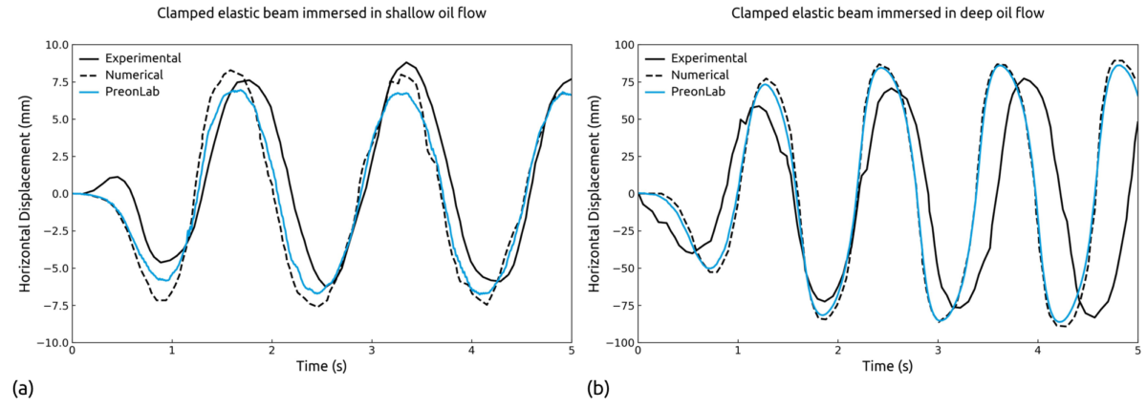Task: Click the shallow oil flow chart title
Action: [x=321, y=13]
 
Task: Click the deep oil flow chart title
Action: [x=887, y=13]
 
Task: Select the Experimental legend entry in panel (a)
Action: [x=143, y=57]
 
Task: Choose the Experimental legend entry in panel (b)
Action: [x=709, y=57]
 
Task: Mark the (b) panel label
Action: [x=595, y=389]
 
